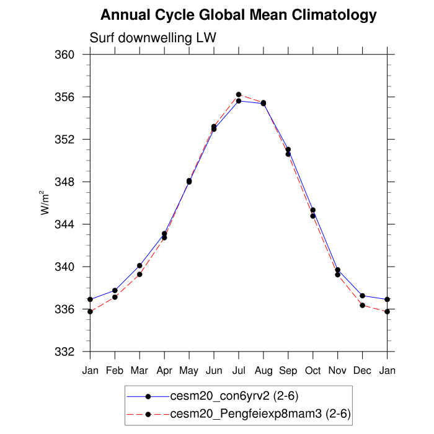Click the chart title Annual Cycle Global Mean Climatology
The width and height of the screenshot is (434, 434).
238,14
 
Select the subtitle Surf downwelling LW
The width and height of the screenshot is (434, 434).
153,38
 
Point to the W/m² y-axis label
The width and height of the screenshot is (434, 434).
45,202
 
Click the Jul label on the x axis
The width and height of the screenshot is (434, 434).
239,371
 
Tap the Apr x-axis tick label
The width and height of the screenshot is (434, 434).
164,371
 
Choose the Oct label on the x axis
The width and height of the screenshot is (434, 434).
313,371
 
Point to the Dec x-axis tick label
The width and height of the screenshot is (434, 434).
362,371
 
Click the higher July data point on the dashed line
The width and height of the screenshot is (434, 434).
239,94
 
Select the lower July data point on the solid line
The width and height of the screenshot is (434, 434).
239,100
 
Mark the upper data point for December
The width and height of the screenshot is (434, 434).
362,296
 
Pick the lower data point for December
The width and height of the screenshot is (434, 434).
362,306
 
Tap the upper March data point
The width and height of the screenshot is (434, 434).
139,265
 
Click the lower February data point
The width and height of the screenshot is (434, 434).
115,297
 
